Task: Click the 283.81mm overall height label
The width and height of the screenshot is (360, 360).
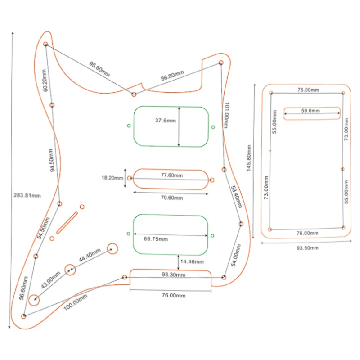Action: (x=27, y=195)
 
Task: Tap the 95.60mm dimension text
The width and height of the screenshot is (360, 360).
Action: (x=99, y=69)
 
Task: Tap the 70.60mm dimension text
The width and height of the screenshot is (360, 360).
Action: (x=172, y=198)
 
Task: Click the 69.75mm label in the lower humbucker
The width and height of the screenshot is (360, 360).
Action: (x=157, y=238)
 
